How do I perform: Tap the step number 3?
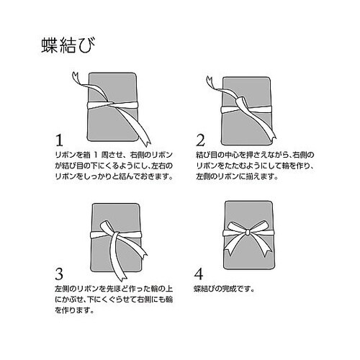click(60, 274)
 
